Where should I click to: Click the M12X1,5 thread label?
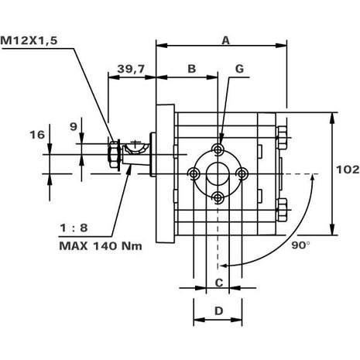click(x=29, y=41)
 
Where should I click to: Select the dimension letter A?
click(x=225, y=40)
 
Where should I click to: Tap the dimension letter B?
click(x=191, y=69)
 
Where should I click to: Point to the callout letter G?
click(x=239, y=69)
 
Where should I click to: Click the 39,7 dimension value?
click(x=131, y=69)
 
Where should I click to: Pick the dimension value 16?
click(x=37, y=135)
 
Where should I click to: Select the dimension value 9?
click(x=74, y=127)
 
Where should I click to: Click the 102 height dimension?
click(x=348, y=170)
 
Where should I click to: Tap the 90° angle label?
click(x=300, y=245)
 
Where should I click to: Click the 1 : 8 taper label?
click(x=74, y=228)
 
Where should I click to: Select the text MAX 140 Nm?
click(x=101, y=246)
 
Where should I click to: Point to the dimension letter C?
click(x=219, y=283)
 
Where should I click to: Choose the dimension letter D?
click(x=219, y=311)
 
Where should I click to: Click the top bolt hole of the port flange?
click(x=218, y=149)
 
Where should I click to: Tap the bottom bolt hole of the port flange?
click(x=218, y=198)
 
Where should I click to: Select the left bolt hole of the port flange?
click(x=194, y=173)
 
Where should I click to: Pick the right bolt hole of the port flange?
click(x=242, y=173)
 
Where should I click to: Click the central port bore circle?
click(x=218, y=174)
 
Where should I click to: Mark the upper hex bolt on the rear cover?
click(x=282, y=138)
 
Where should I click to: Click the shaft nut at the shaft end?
click(x=113, y=154)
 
